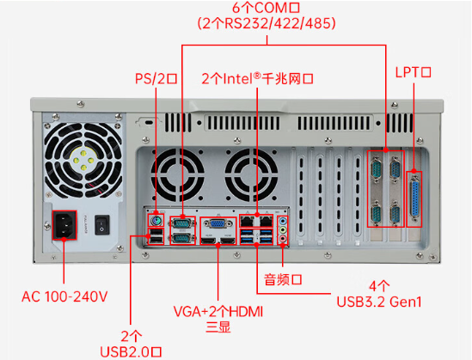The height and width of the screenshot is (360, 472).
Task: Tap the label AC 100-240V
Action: pos(64,296)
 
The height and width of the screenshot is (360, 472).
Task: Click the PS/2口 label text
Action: pos(156,78)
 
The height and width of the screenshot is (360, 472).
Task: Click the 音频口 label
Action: pos(284,280)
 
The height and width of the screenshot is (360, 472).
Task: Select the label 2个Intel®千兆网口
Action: pos(256,78)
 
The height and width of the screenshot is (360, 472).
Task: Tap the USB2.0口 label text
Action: pos(131,351)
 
